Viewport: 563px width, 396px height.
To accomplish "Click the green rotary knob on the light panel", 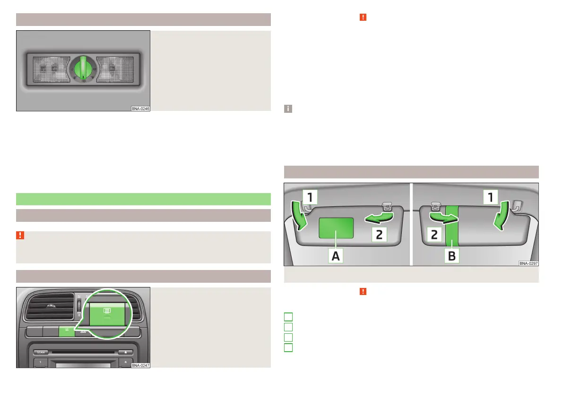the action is point(83,69).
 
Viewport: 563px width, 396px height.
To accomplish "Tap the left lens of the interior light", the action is point(49,69).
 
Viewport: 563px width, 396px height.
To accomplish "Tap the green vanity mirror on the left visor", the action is point(336,227).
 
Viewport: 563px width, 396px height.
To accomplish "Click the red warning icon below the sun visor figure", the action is point(363,291).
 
